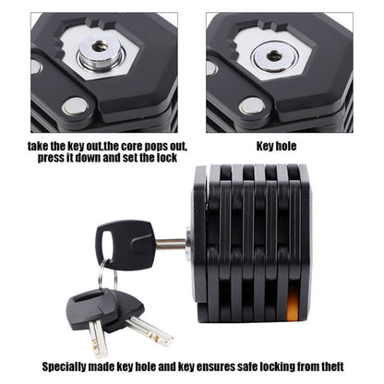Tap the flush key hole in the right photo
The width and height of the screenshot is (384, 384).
[x=273, y=55]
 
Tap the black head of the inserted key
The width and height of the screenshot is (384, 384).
[x=125, y=242]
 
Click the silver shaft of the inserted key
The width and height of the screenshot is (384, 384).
[x=172, y=244]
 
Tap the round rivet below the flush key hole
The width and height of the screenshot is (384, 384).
[x=248, y=106]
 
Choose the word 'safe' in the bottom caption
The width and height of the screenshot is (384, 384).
[x=260, y=365]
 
